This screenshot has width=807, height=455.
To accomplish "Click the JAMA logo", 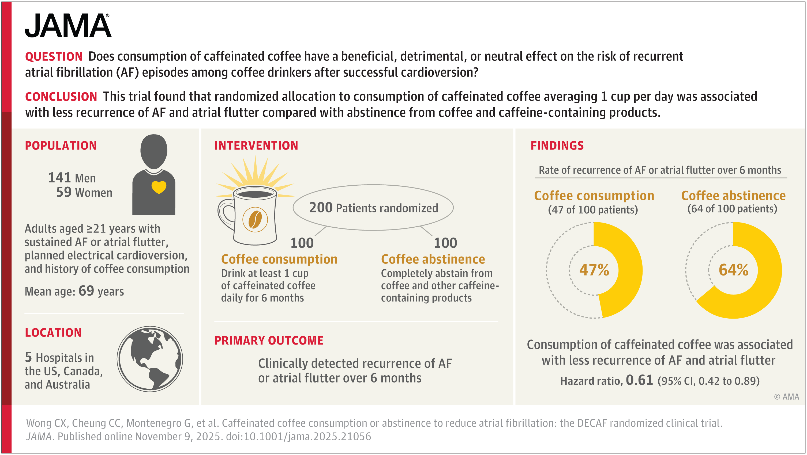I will point(68,26).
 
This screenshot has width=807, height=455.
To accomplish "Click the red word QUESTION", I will point(54,57).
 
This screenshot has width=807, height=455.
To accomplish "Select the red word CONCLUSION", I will point(61,97).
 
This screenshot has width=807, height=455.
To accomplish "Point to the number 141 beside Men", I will point(59,177).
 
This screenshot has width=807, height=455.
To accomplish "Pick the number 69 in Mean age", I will point(86,291).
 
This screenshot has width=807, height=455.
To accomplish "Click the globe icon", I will point(150,359).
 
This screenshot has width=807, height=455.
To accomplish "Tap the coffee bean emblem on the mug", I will point(255,219).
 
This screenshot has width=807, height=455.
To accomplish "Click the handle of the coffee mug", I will point(225,214).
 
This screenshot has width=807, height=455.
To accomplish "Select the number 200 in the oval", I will point(321,208).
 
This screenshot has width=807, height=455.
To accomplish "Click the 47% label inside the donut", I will point(594,270).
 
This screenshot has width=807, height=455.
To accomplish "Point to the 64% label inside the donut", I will point(733,270).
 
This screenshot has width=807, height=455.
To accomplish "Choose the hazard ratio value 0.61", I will point(639,380).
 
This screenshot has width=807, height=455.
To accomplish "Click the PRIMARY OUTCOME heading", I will point(269,341).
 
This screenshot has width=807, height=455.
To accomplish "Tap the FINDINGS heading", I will point(557,146).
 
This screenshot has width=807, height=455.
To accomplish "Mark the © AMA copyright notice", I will point(786,397).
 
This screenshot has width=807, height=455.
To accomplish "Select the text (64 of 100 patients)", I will point(732,209).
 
